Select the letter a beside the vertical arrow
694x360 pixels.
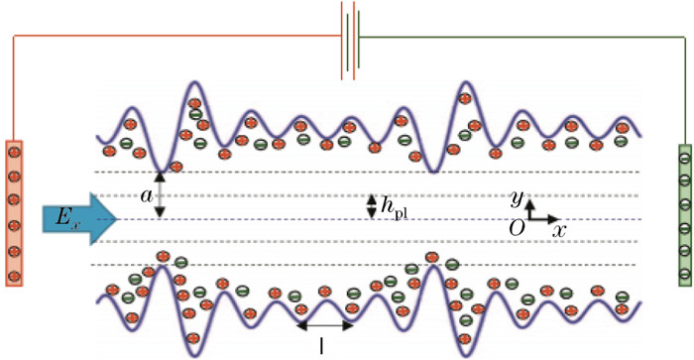pyautogui.click(x=147, y=197)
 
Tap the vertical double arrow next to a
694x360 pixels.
pyautogui.click(x=161, y=196)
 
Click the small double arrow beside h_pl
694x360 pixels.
pyautogui.click(x=372, y=205)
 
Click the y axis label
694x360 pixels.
pyautogui.click(x=516, y=198)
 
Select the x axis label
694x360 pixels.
pyautogui.click(x=560, y=229)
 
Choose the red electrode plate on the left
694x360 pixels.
pyautogui.click(x=15, y=212)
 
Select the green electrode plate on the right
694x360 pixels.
pyautogui.click(x=683, y=214)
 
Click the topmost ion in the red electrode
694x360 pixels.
pyautogui.click(x=15, y=152)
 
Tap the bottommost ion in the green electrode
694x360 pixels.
pyautogui.click(x=683, y=274)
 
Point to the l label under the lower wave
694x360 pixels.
pyautogui.click(x=324, y=346)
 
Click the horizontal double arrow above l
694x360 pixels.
pyautogui.click(x=325, y=324)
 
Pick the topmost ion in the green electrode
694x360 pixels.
pyautogui.click(x=683, y=155)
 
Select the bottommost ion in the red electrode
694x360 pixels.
pyautogui.click(x=15, y=276)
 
